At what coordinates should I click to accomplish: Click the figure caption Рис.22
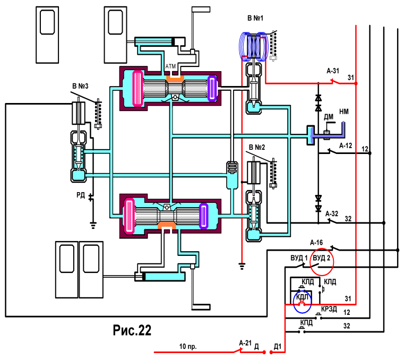tap(132, 330)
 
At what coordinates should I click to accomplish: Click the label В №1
tap(255, 18)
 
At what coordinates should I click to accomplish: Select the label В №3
tap(80, 86)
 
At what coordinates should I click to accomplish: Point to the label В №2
tap(257, 147)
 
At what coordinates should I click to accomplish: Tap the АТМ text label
tap(170, 66)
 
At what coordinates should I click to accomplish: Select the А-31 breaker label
tap(333, 71)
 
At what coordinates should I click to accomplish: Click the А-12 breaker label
tap(346, 146)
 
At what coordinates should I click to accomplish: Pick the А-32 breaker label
tap(332, 214)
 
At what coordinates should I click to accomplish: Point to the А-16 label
tap(316, 243)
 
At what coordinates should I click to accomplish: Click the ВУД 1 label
tap(299, 258)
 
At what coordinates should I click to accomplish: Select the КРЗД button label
tap(329, 309)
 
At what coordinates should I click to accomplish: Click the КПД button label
tap(306, 323)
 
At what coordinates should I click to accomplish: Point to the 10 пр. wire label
tap(188, 347)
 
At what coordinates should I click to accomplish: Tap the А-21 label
tap(245, 343)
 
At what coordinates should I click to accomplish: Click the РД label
tap(81, 195)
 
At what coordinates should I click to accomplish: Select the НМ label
tap(344, 112)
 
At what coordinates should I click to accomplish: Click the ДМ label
tap(329, 117)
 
